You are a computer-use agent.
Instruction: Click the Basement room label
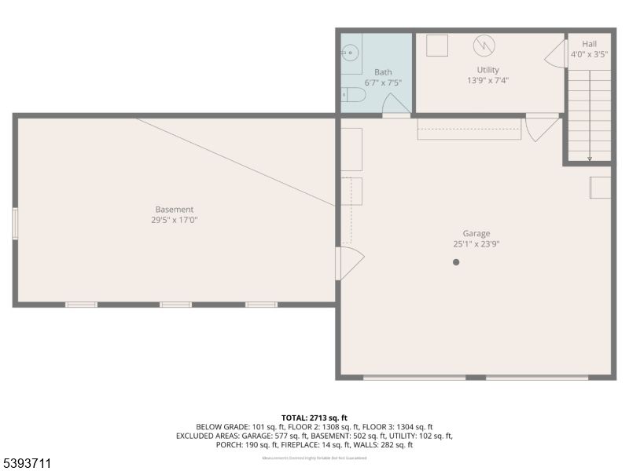(174, 210)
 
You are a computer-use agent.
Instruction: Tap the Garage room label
(476, 233)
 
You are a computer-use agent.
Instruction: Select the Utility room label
(487, 70)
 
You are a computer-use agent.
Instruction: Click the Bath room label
(383, 72)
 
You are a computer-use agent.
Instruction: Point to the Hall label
(590, 44)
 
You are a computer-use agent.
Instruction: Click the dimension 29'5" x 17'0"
(174, 220)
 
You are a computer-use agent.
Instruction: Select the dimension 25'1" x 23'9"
(476, 243)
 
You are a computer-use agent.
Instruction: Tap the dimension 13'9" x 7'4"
(487, 79)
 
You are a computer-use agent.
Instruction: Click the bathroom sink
(350, 53)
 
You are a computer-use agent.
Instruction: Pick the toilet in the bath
(354, 95)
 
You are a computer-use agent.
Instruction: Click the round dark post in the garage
(456, 262)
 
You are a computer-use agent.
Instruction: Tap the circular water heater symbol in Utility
(484, 46)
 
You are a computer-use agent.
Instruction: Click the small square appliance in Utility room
(436, 46)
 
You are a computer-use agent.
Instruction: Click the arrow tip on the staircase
(590, 159)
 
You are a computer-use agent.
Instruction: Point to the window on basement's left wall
(15, 224)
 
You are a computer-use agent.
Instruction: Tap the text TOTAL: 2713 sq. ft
(314, 417)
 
